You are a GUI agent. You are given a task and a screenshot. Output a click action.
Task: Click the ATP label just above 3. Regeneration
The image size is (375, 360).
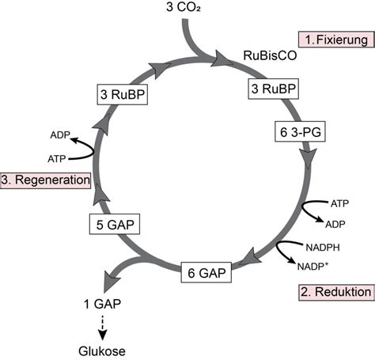57,158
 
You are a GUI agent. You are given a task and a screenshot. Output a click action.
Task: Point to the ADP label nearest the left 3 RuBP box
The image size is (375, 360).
60,134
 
